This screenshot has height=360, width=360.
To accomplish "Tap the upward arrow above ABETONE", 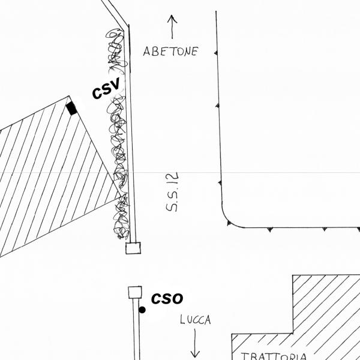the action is point(173,26).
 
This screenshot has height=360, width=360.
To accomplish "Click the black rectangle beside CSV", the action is point(72,108).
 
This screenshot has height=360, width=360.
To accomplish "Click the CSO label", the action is point(167,298).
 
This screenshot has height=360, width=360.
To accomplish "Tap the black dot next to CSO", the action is point(142,310).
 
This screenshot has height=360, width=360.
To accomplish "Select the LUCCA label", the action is point(196,320).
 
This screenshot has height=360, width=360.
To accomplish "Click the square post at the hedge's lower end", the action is point(133,248).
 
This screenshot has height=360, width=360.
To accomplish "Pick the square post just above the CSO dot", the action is point(135,292).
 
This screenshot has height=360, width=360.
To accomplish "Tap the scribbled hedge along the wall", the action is point(119,150).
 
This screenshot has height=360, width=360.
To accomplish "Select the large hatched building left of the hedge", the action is point(48,174).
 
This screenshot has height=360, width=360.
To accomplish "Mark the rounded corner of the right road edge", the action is point(228,220).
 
